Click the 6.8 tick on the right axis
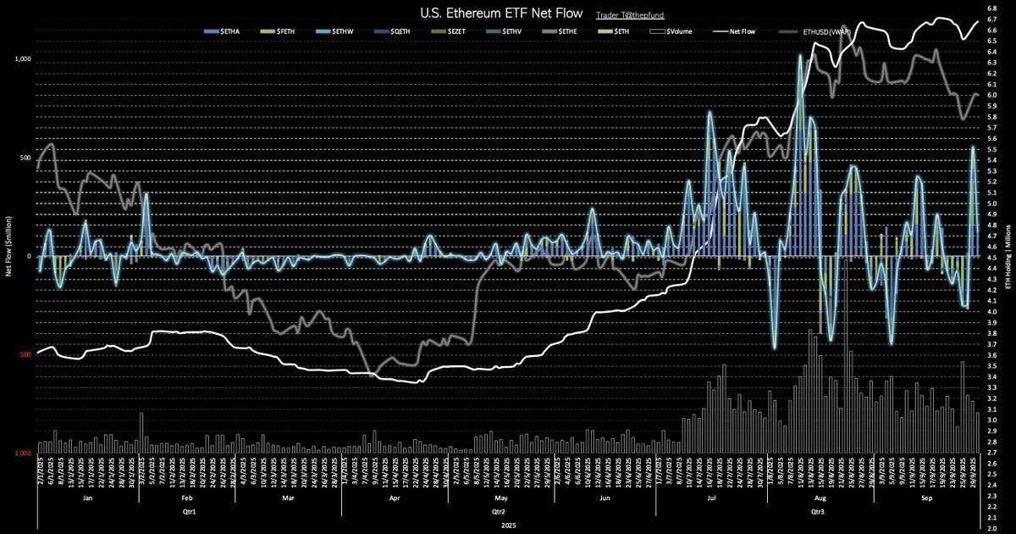click(991, 8)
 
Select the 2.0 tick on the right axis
click(991, 529)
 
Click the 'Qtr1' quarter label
click(189, 513)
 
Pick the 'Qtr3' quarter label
click(818, 513)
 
